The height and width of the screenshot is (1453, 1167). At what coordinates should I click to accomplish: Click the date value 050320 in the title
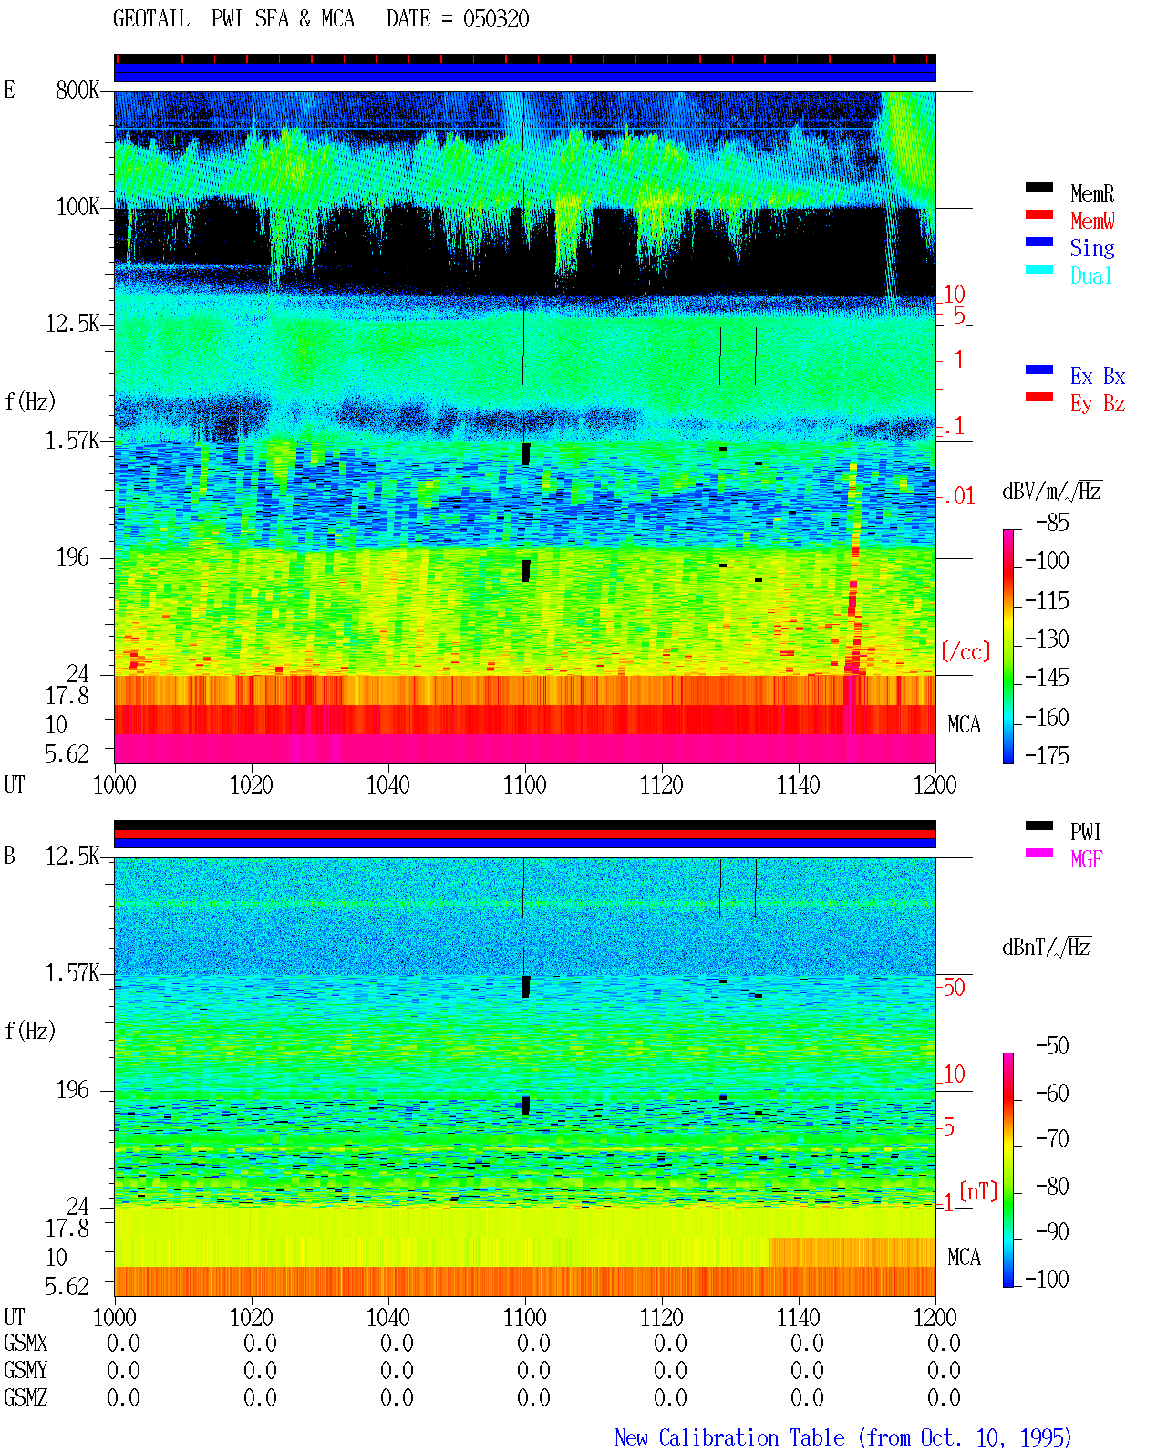pos(495,19)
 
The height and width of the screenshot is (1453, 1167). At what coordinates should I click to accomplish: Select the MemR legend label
pos(1091,193)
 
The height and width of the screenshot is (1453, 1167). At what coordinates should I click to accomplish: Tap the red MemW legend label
pos(1091,221)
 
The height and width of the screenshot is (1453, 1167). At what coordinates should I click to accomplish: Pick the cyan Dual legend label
pos(1090,275)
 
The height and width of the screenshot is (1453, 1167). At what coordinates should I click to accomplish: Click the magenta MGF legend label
pos(1086,859)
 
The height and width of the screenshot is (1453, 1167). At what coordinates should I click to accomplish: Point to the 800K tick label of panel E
pos(77,89)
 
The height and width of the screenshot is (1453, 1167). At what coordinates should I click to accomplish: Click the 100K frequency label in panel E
pos(77,207)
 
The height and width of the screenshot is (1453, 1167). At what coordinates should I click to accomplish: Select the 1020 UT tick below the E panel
pos(251,784)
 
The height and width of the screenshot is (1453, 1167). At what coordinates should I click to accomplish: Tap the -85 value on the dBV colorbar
pos(1052,523)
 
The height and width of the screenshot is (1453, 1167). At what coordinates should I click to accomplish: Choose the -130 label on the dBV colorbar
pos(1047,638)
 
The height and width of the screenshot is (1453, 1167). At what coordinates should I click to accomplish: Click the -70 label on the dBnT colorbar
pos(1052,1139)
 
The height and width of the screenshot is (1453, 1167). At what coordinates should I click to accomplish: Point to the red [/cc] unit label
pos(966,651)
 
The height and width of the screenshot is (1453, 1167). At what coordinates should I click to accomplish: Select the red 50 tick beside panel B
pos(954,988)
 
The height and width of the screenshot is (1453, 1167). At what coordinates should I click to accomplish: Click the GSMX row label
pos(26,1343)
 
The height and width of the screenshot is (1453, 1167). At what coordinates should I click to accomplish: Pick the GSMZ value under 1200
pos(944,1397)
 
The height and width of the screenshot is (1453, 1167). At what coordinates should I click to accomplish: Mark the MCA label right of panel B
pos(964,1257)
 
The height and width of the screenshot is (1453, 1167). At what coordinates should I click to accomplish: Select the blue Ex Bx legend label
pos(1098,376)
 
